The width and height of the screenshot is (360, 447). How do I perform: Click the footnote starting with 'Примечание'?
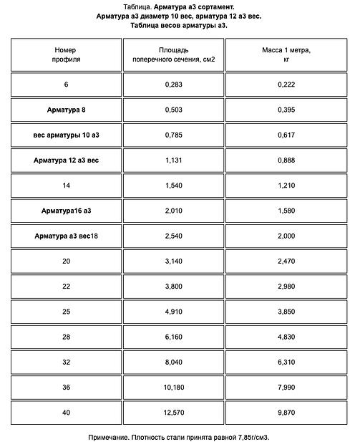[x=180, y=436]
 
